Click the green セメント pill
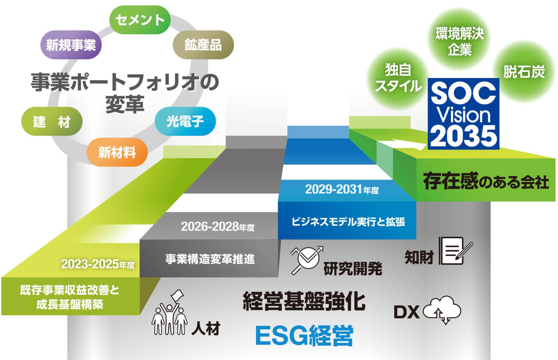click(140, 20)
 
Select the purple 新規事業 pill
click(71, 45)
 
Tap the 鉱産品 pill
click(203, 45)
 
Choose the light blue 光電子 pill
click(185, 121)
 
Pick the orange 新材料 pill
click(117, 152)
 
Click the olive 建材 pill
click(52, 121)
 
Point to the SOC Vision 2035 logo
click(463, 114)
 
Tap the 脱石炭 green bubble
click(524, 72)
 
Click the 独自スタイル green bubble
click(398, 78)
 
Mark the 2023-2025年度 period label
click(98, 264)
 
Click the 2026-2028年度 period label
click(218, 226)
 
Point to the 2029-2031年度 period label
click(342, 189)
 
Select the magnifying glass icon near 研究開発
click(307, 260)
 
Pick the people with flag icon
click(169, 313)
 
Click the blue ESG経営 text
click(304, 335)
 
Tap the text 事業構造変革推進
click(210, 259)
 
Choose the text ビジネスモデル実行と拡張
click(348, 222)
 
